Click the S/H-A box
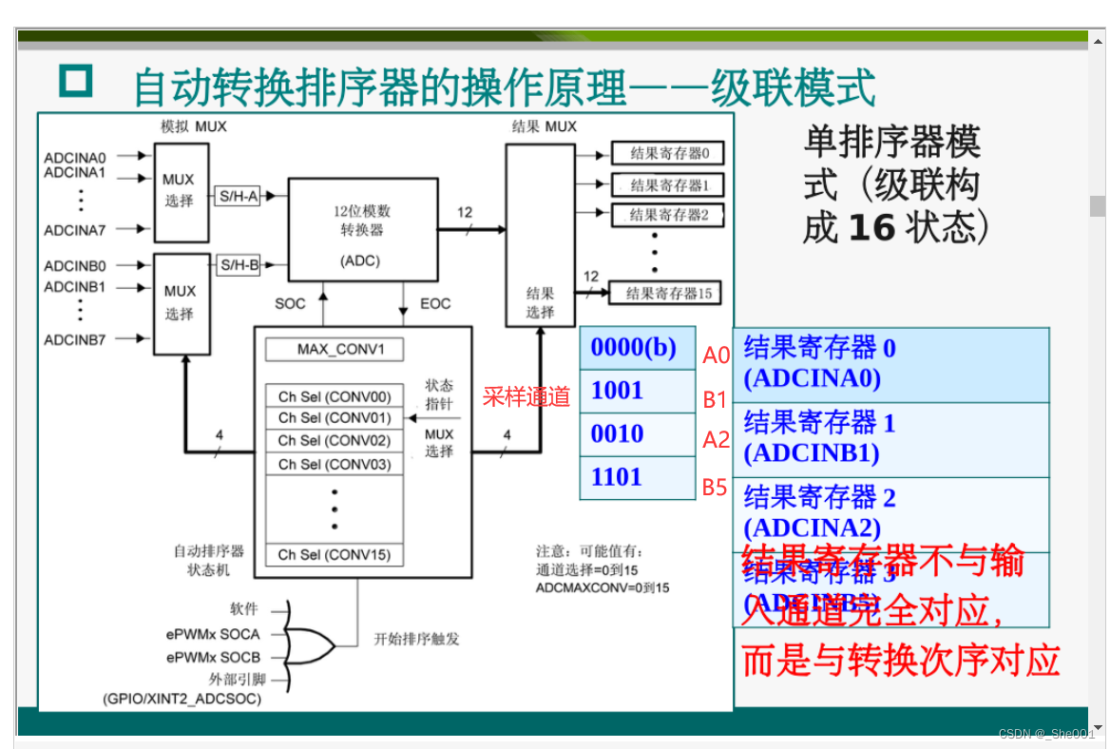(x=239, y=195)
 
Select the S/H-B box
(x=239, y=265)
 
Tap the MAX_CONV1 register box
(x=335, y=349)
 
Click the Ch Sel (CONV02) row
(x=335, y=441)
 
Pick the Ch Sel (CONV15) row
(x=335, y=555)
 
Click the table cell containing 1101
(x=637, y=477)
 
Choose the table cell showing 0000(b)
(x=637, y=348)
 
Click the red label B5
(x=715, y=489)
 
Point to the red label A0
(x=716, y=356)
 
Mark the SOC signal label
(x=290, y=304)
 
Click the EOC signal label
(x=435, y=304)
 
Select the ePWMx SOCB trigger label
(x=213, y=657)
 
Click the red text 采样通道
(x=526, y=397)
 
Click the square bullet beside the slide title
(x=76, y=82)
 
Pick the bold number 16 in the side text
(x=871, y=228)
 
